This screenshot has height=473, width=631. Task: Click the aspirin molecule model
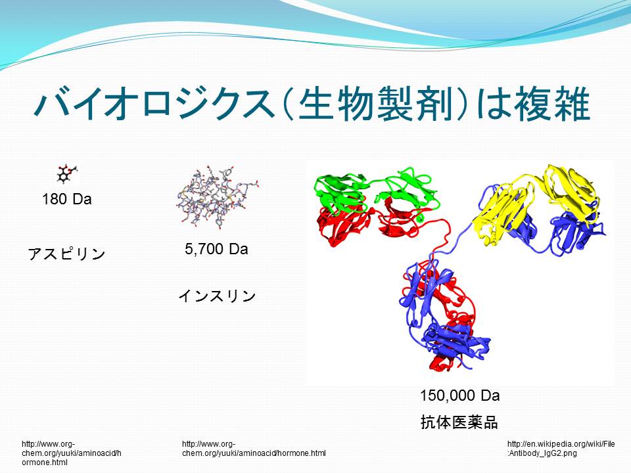click(x=66, y=173)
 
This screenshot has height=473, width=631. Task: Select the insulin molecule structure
click(x=217, y=196)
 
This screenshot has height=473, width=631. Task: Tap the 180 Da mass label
click(x=67, y=199)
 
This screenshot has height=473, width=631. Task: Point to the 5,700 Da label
click(x=216, y=250)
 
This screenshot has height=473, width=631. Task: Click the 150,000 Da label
click(x=460, y=395)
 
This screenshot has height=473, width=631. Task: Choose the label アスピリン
click(x=67, y=254)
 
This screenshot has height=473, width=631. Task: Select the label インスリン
click(x=218, y=296)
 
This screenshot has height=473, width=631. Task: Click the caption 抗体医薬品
click(x=459, y=422)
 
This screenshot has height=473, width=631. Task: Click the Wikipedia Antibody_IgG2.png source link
click(x=561, y=449)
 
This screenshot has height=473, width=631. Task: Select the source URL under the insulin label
click(x=254, y=449)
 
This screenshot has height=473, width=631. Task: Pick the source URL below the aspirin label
click(x=71, y=453)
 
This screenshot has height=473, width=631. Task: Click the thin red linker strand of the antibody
click(x=442, y=237)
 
